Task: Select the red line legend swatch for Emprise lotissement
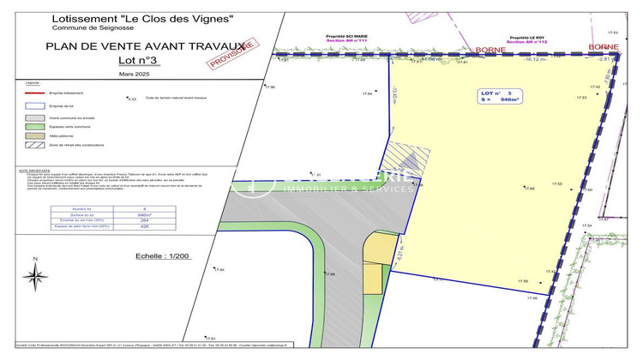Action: (x=35, y=93)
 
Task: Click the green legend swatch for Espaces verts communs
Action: (x=35, y=126)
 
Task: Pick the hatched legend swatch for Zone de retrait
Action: (x=35, y=146)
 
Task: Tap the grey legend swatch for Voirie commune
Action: (x=35, y=117)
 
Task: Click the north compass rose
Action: (x=35, y=276)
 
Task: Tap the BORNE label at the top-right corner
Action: (x=604, y=45)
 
